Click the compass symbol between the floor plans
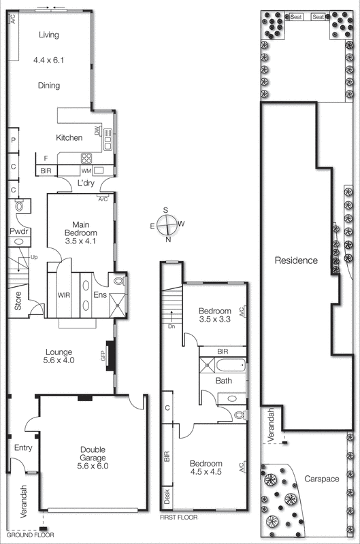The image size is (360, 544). pyautogui.click(x=167, y=224)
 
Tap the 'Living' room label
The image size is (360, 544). pyautogui.click(x=48, y=35)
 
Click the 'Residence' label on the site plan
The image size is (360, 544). pyautogui.click(x=296, y=260)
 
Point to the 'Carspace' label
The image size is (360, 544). pyautogui.click(x=321, y=479)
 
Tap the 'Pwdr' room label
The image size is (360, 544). pyautogui.click(x=18, y=232)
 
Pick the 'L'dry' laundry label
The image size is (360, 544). pyautogui.click(x=86, y=184)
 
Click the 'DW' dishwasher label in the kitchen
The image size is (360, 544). pyautogui.click(x=98, y=130)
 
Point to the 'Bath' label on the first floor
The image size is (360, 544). pyautogui.click(x=224, y=381)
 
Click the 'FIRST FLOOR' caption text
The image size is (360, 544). pyautogui.click(x=178, y=517)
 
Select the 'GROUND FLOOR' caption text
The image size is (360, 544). pyautogui.click(x=24, y=535)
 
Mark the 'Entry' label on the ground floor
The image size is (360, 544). pyautogui.click(x=23, y=447)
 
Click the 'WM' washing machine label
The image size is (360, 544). pyautogui.click(x=86, y=170)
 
